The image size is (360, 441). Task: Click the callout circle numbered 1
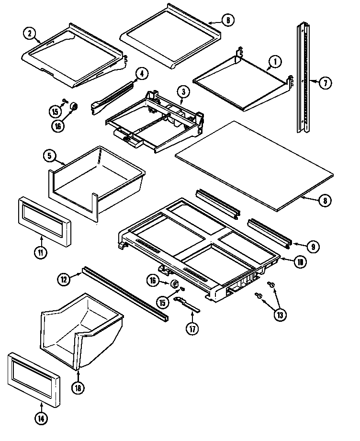point(275,61)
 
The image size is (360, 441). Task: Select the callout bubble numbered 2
point(30,33)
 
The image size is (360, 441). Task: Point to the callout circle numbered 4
point(141,73)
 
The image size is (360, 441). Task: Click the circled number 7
point(325,83)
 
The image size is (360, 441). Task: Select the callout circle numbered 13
point(279,315)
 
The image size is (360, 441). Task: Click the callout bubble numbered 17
point(192,330)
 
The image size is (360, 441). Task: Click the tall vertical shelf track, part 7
point(303,77)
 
